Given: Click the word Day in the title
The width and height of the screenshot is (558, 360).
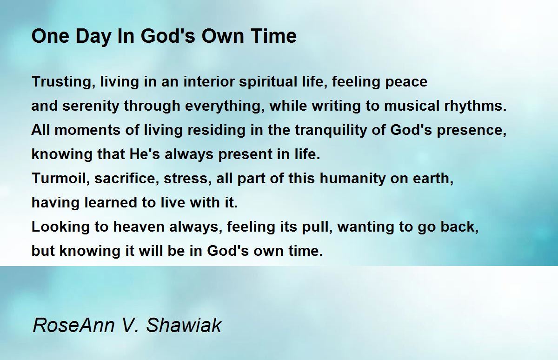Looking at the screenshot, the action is (93, 37).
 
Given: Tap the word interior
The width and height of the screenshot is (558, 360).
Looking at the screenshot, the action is (209, 82).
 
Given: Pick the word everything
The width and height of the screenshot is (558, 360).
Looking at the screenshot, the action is (225, 106).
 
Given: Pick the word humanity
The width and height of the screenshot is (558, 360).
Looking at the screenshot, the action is (352, 179).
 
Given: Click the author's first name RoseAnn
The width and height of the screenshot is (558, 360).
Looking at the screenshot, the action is (73, 326).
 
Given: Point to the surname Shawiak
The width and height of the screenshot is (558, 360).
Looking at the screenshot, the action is (184, 326).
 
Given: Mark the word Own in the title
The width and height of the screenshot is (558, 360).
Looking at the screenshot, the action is (223, 37).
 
